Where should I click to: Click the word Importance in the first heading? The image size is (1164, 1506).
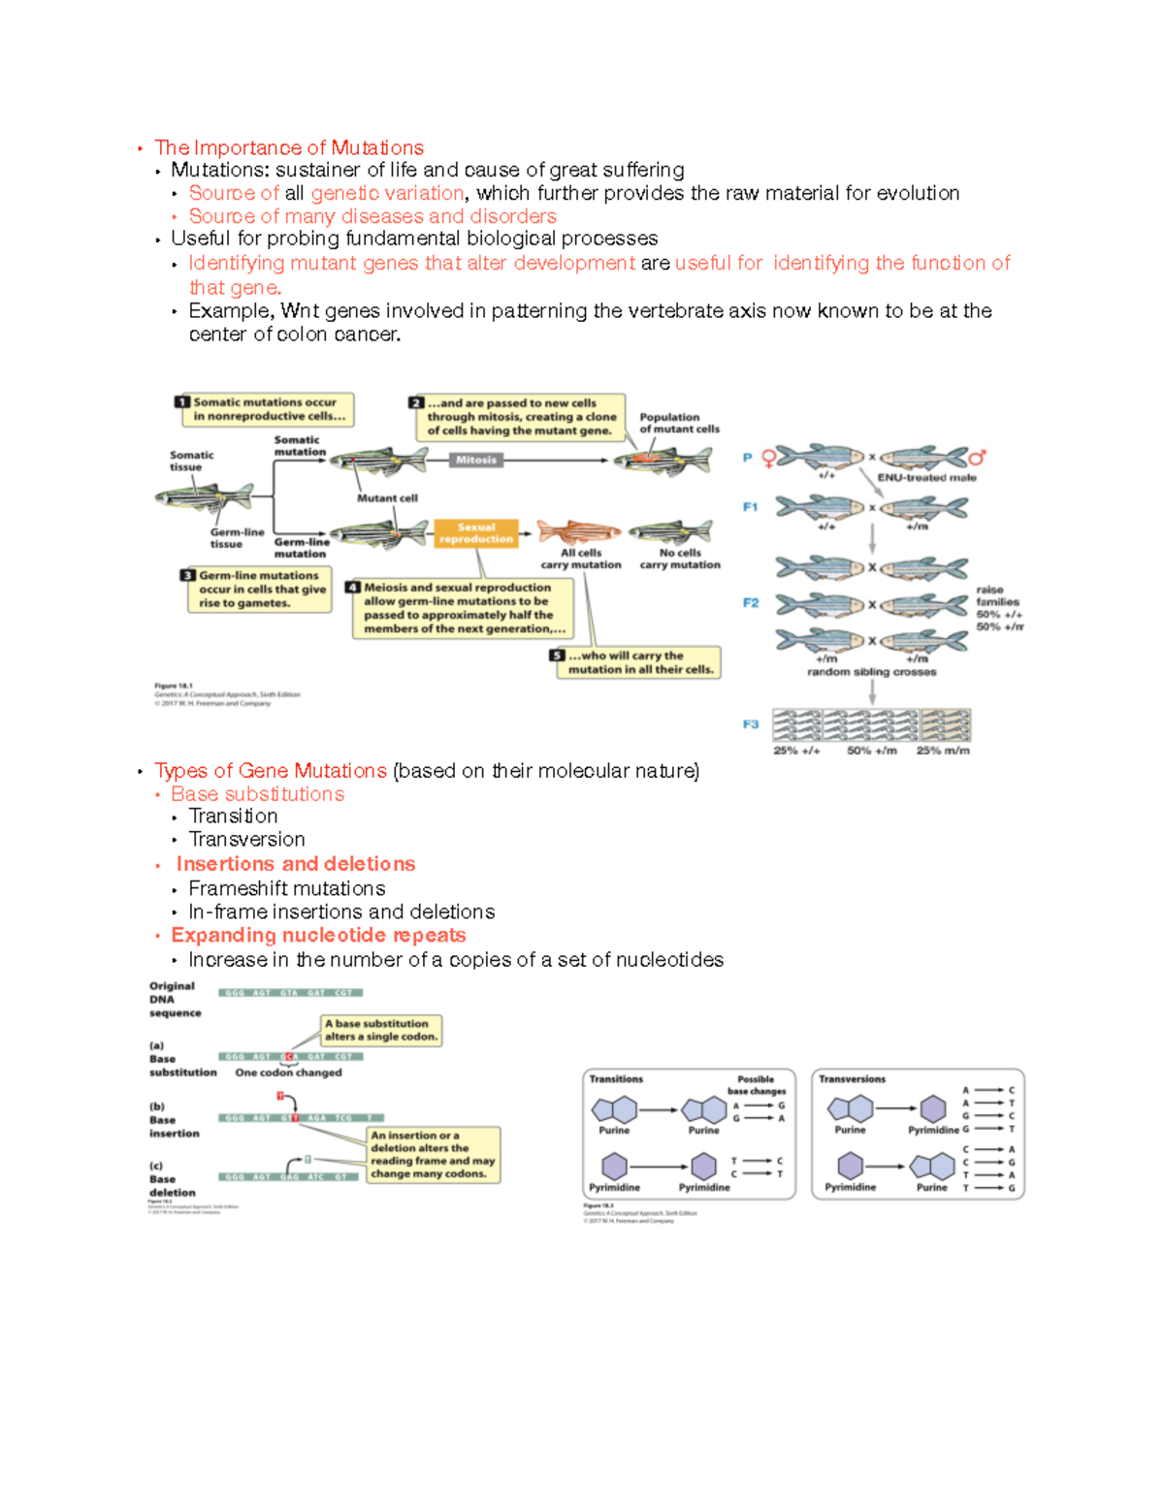[x=248, y=148]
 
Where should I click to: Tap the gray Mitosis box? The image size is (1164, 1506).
[x=476, y=460]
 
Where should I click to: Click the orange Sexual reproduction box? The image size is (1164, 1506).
[x=476, y=533]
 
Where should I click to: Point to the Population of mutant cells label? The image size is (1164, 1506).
[x=679, y=423]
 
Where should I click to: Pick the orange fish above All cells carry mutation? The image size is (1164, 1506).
[x=579, y=531]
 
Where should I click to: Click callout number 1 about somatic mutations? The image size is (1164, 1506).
[x=182, y=402]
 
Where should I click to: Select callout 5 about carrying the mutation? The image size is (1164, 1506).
[x=557, y=656]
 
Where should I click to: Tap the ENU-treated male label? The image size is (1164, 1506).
[x=926, y=477]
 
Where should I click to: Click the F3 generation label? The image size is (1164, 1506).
[x=751, y=724]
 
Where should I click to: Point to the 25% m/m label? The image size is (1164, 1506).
[x=943, y=751]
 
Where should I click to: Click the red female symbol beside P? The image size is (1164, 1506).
[x=769, y=458]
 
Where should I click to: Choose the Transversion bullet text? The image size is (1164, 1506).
[x=246, y=840]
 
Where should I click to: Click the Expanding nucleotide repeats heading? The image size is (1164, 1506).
[x=318, y=936]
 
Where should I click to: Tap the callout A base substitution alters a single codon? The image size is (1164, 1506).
[x=381, y=1030]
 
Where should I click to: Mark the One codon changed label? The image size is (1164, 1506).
[x=288, y=1073]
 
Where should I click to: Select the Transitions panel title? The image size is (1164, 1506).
[x=616, y=1079]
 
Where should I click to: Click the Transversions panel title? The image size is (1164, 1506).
[x=852, y=1079]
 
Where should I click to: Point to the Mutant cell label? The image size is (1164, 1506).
[x=387, y=498]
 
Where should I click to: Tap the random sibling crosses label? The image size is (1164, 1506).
[x=871, y=672]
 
